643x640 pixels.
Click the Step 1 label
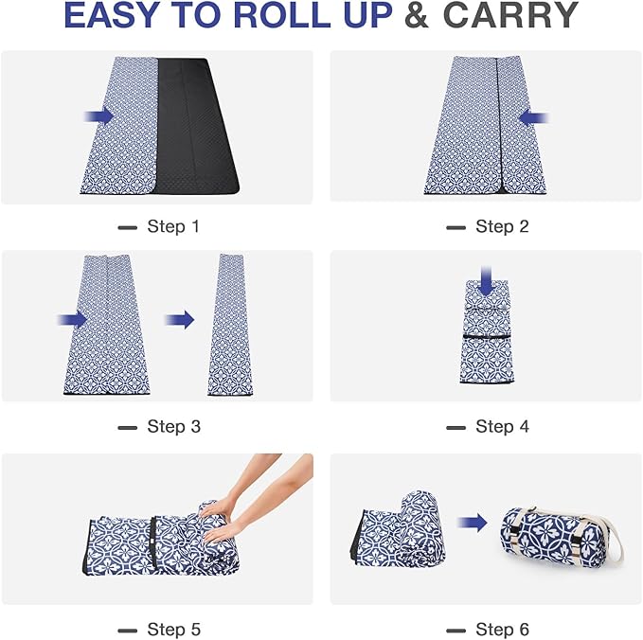click(x=173, y=227)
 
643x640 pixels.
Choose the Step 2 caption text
click(x=502, y=227)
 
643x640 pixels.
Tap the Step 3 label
click(x=173, y=427)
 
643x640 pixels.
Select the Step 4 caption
click(x=502, y=427)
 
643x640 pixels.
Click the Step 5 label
click(x=173, y=630)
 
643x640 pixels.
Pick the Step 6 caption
click(x=502, y=630)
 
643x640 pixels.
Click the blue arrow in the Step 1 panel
click(x=98, y=116)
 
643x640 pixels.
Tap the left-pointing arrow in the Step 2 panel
click(x=534, y=118)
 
